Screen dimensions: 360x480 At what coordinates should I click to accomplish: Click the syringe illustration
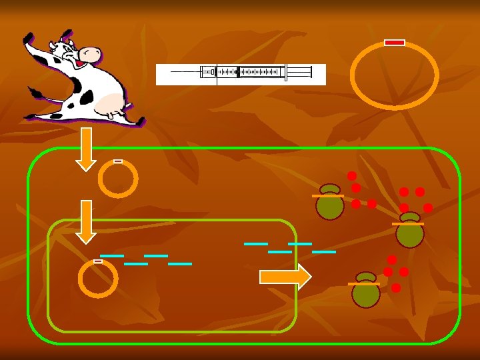[x=241, y=74]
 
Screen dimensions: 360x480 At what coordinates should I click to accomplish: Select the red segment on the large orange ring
[x=395, y=43]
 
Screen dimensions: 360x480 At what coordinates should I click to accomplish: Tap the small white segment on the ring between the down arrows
[x=118, y=161]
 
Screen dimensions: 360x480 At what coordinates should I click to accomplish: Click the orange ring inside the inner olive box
[x=98, y=279]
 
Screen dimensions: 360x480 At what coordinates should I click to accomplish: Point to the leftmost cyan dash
[x=112, y=256]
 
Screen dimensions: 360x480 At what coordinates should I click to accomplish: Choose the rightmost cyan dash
[x=324, y=252]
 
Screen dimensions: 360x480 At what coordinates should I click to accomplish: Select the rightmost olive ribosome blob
[x=409, y=231]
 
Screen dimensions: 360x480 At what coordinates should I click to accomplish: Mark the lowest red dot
[x=396, y=288]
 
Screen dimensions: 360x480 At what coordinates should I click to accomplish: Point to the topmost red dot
[x=352, y=176]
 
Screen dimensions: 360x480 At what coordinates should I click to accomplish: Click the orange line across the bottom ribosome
[x=364, y=284]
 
